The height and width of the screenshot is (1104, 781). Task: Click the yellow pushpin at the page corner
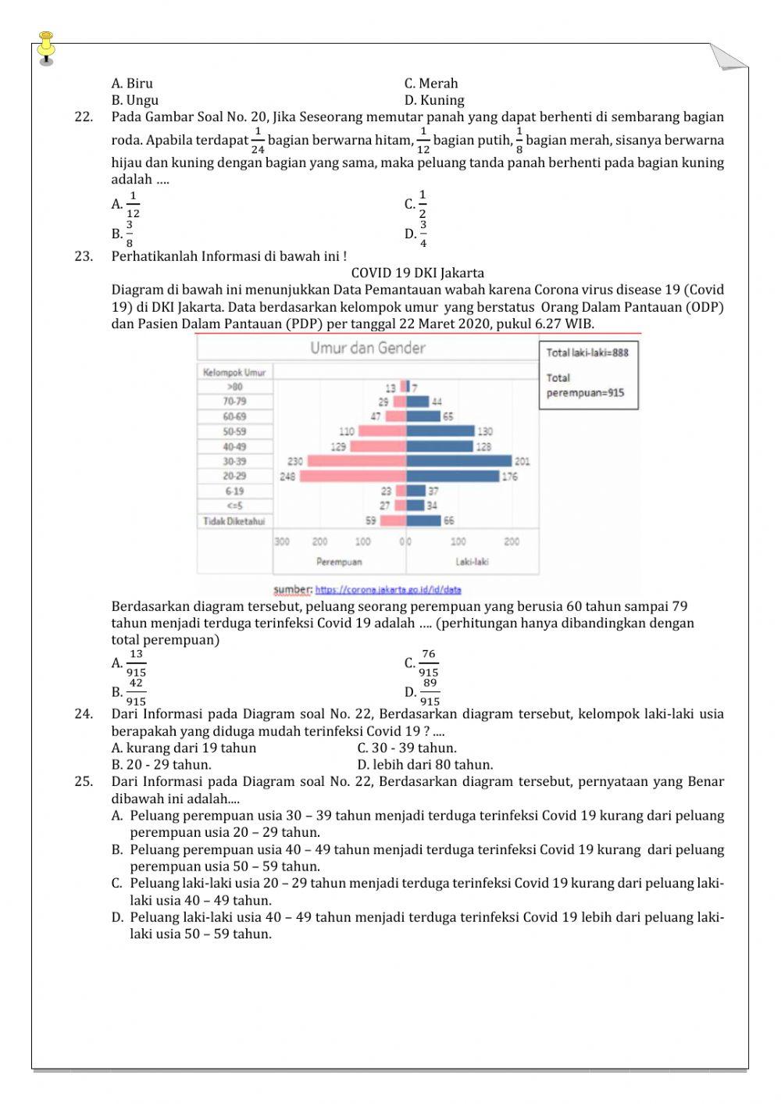(x=46, y=45)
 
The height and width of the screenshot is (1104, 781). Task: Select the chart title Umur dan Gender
(x=367, y=348)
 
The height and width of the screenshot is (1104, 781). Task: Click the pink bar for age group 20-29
(x=352, y=476)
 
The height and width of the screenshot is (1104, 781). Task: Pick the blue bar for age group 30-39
(x=458, y=461)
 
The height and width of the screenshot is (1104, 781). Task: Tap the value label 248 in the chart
(x=287, y=477)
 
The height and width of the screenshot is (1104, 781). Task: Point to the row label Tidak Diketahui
(x=234, y=521)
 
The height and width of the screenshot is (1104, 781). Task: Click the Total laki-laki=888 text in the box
(x=587, y=352)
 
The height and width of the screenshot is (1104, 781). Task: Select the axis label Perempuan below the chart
(x=339, y=562)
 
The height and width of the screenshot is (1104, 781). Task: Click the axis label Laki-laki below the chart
(x=472, y=562)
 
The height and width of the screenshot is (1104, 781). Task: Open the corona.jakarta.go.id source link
(x=387, y=590)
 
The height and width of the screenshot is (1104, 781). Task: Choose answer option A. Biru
(x=132, y=84)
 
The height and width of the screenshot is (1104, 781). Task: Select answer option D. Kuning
(x=434, y=100)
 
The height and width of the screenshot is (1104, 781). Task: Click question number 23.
(x=84, y=256)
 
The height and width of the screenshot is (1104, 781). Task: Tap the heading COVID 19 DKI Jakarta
(x=417, y=273)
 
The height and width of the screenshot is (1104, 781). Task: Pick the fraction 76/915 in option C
(x=428, y=663)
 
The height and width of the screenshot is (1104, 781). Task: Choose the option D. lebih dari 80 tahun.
(x=425, y=765)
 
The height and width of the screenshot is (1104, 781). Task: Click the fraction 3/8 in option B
(x=130, y=234)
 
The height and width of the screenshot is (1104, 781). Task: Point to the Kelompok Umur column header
(x=234, y=373)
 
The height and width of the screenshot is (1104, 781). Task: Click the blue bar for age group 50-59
(x=440, y=431)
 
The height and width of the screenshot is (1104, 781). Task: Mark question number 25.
(x=84, y=782)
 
